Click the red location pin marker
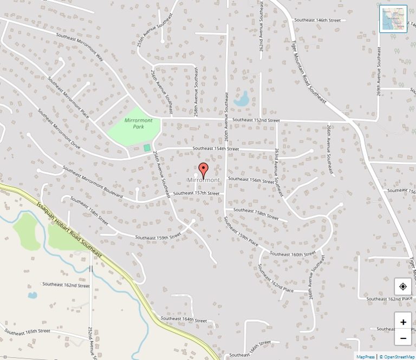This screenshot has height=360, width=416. tap(204, 169)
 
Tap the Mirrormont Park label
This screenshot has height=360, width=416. tap(138, 123)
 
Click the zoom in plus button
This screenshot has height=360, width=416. tap(403, 322)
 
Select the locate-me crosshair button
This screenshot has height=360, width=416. tap(403, 286)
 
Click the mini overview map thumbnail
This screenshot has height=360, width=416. tap(393, 19)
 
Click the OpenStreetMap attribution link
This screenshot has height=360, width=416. tap(398, 357)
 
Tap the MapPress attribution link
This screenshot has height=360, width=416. tap(366, 357)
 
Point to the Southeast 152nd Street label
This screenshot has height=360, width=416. tap(256, 120)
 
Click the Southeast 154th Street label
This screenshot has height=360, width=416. tap(216, 148)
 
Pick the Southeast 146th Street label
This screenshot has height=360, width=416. tap(317, 20)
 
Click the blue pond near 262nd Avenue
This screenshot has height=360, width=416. tap(241, 99)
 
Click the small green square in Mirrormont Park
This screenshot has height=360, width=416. tap(147, 147)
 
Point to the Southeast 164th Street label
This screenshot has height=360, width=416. tap(184, 319)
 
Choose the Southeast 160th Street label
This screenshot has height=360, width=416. tap(292, 254)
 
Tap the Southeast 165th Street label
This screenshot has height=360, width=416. tap(28, 331)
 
